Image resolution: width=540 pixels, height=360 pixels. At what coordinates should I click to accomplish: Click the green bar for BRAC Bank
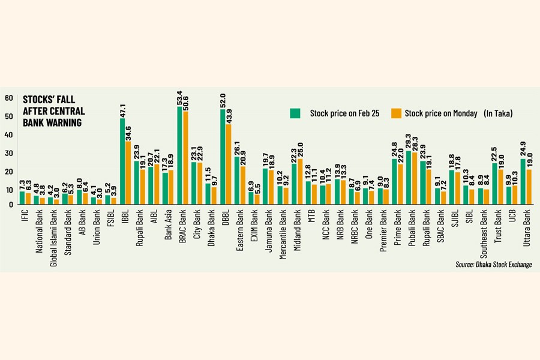(x=180, y=156)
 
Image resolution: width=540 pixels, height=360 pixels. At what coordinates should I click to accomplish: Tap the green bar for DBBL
(x=223, y=157)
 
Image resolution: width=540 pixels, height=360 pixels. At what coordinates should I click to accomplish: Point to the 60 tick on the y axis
(x=9, y=98)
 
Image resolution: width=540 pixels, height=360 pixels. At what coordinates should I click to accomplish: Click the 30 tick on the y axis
(x=9, y=153)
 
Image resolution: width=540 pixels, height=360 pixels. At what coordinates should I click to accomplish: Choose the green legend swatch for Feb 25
(x=295, y=113)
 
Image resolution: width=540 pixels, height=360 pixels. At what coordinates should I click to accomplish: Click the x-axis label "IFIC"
(x=22, y=215)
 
